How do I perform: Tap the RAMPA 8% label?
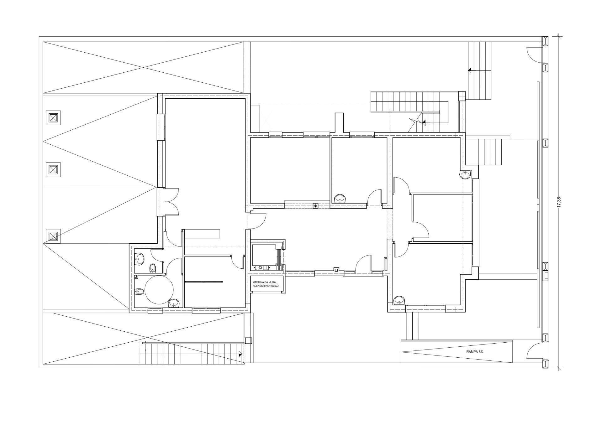(475, 352)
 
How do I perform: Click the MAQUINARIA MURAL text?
(265, 282)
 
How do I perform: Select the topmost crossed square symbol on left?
(53, 118)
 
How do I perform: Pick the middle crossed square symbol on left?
(53, 170)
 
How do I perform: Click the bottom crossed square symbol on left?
(53, 236)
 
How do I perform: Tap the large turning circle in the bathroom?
(159, 290)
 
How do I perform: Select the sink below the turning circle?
(174, 303)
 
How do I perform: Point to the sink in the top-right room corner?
(466, 174)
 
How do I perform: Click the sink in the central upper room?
(340, 199)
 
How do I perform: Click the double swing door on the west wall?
(171, 202)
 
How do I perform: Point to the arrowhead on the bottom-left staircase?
(240, 355)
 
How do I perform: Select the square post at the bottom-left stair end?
(248, 340)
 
